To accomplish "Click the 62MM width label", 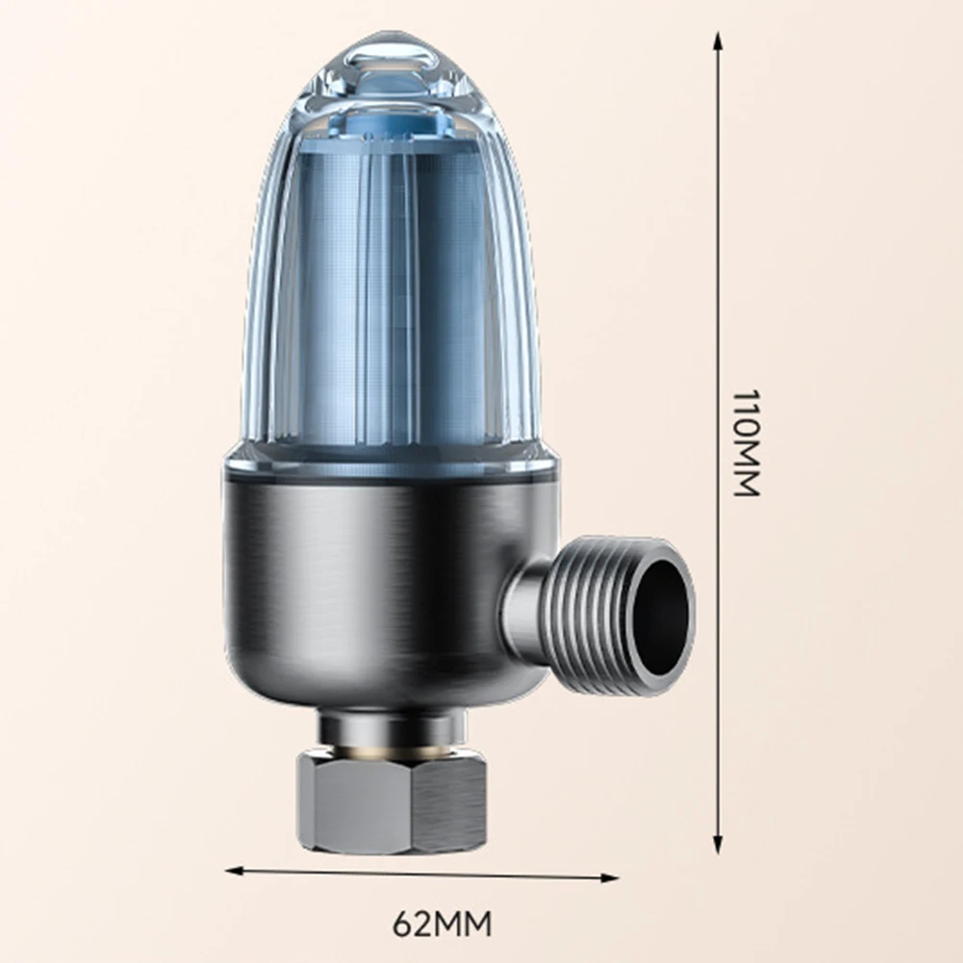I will click(443, 925).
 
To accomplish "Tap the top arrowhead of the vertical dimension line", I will click(718, 41).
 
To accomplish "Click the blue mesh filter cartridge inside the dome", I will click(394, 289).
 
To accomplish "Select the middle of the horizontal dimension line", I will click(423, 874).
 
